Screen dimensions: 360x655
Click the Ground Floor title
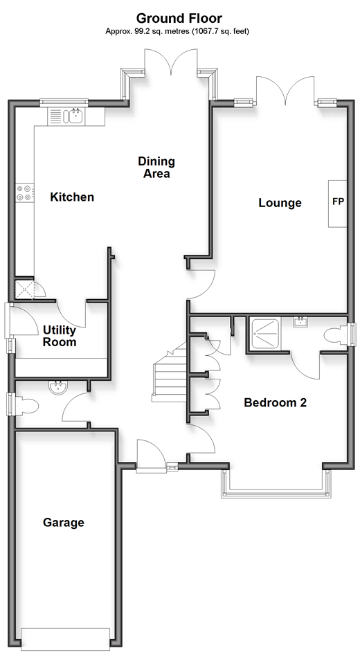click(179, 19)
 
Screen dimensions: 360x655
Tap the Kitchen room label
click(72, 197)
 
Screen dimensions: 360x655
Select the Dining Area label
click(156, 167)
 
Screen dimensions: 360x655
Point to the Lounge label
click(280, 203)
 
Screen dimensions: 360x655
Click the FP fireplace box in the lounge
click(337, 204)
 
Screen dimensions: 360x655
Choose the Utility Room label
click(60, 337)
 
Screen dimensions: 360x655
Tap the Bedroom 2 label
click(276, 403)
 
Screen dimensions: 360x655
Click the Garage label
click(64, 523)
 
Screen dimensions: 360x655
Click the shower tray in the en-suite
click(266, 333)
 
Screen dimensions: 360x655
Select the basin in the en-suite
click(300, 322)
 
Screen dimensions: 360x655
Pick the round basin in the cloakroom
click(57, 387)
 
